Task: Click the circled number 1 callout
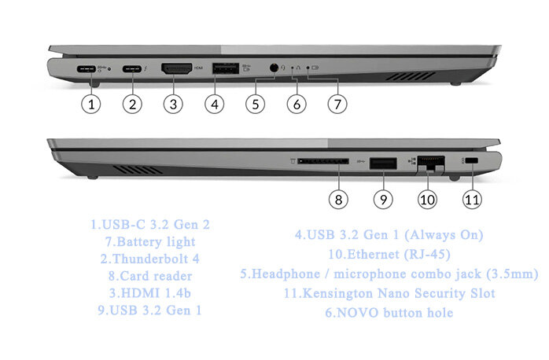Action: coord(93,104)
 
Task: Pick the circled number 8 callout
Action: coord(337,200)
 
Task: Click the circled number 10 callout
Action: coord(427,200)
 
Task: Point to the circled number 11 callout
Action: coord(471,200)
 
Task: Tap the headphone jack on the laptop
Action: coord(273,68)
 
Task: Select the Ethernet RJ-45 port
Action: coord(429,163)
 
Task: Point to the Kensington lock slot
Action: coord(472,161)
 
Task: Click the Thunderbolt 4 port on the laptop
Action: coord(132,69)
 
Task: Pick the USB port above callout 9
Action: coord(383,163)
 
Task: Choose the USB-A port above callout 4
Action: coord(223,69)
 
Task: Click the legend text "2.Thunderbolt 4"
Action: coord(150,259)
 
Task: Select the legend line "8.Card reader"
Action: coord(150,276)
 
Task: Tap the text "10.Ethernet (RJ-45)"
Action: coord(389,254)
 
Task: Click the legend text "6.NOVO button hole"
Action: coord(389,312)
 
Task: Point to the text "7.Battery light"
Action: coord(150,241)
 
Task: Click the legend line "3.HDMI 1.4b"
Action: coord(150,293)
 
